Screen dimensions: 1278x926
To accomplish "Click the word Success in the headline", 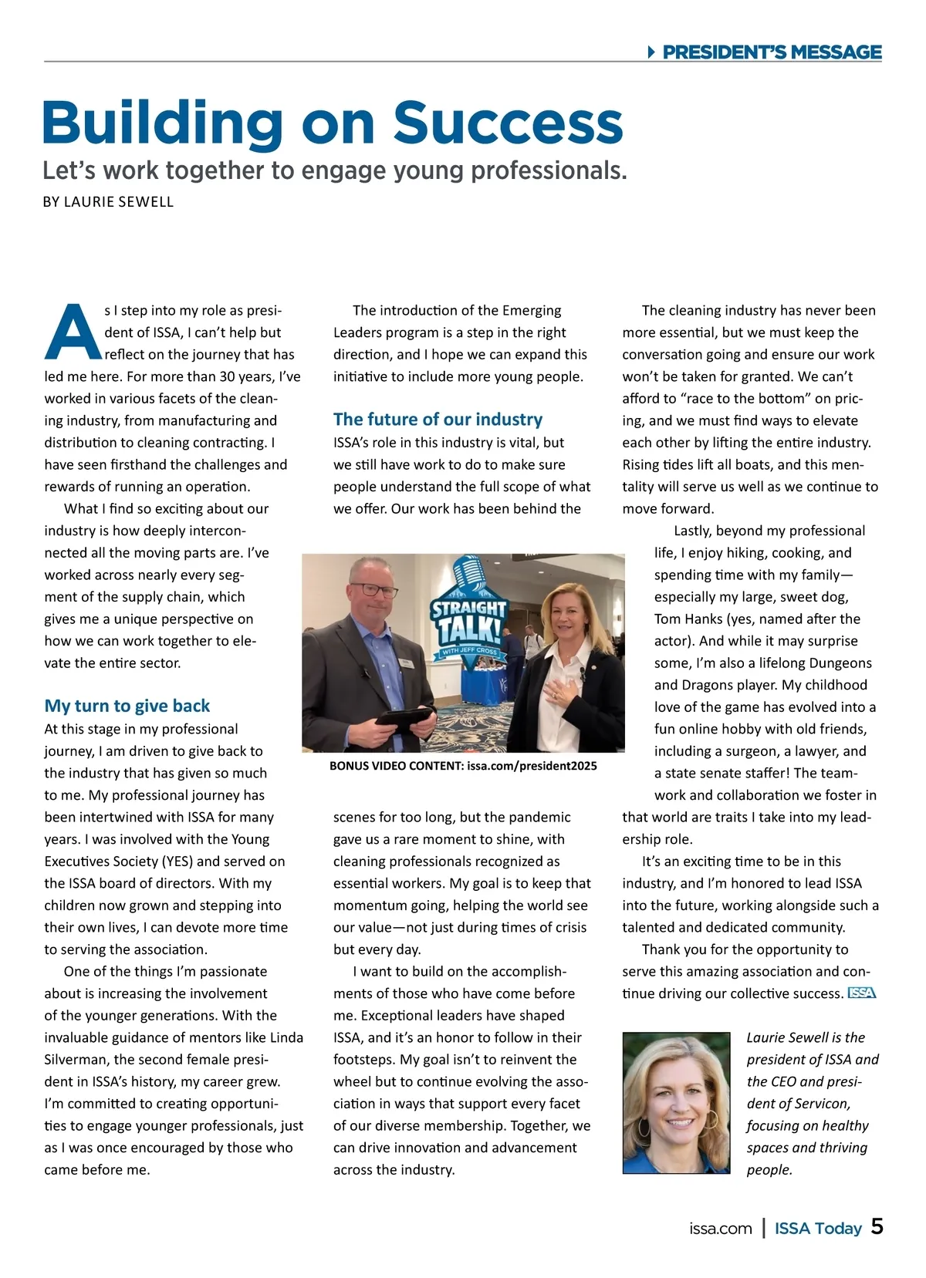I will pos(508,123).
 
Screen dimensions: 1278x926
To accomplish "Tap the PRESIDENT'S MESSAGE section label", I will pos(772,52).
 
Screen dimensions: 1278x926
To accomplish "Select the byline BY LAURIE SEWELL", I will pos(108,202).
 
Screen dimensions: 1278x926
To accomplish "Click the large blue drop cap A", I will pos(72,332).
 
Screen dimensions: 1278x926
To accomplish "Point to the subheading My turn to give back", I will pos(127,706).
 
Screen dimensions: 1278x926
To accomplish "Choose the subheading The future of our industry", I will pos(438,420).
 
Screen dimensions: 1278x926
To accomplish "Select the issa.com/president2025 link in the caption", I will pos(532,766).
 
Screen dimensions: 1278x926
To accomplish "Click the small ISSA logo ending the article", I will pos(862,993).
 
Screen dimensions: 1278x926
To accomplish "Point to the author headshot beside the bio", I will pos(676,1103).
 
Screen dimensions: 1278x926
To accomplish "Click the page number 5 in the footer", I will pos(877,1227).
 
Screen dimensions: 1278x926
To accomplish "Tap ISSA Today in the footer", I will pos(818,1229).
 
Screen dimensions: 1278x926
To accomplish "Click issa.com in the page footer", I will pos(721,1229).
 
